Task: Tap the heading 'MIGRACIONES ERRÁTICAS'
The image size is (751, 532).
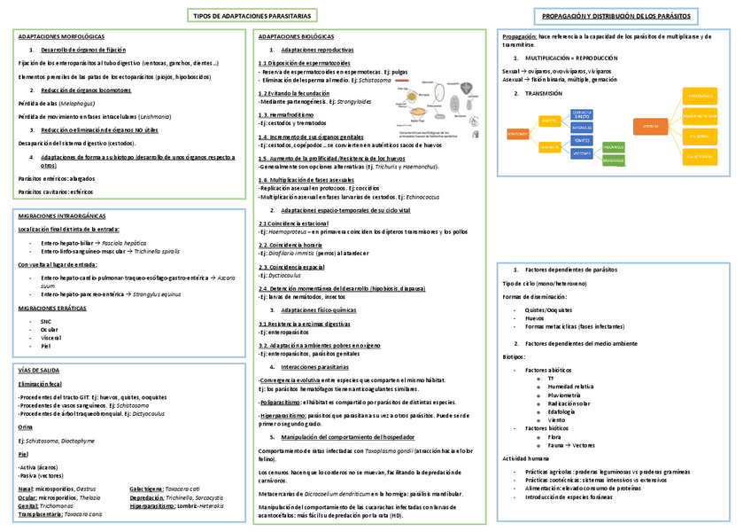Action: coord(52,307)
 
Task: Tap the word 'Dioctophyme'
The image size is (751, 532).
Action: coord(74,439)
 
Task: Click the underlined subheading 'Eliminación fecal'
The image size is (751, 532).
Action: coord(41,383)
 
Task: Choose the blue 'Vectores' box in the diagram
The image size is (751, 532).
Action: coord(583,153)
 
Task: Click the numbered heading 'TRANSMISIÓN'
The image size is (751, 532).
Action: coord(544,93)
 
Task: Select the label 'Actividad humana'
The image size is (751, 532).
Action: coord(526,459)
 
